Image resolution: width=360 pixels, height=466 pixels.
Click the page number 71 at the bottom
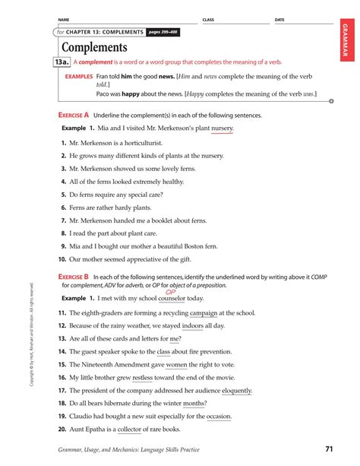pyautogui.click(x=329, y=449)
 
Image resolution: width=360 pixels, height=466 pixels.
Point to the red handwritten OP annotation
pyautogui.click(x=170, y=290)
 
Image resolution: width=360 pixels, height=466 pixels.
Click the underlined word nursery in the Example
pyautogui.click(x=222, y=128)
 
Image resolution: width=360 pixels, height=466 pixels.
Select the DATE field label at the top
pyautogui.click(x=279, y=20)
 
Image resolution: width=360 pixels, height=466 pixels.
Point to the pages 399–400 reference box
pyautogui.click(x=163, y=33)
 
